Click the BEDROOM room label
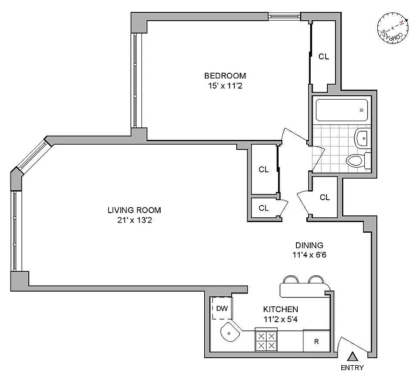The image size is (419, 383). pos(225,76)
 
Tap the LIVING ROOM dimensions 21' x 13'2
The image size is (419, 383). pos(134,221)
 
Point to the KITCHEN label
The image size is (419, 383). pos(281,309)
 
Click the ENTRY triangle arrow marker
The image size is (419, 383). pos(352,357)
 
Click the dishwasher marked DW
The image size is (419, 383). pos(221,308)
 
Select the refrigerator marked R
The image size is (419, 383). pos(316,341)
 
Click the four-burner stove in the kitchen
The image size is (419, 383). pos(266,340)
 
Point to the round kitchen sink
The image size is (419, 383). pos(231,331)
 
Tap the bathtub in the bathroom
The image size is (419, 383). pos(342,110)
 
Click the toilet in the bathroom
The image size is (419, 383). pos(357,159)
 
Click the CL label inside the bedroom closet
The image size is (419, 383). pos(324,56)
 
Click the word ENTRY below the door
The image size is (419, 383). pos(352,368)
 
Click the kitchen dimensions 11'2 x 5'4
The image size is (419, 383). pos(281,319)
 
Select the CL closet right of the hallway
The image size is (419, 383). pos(325,197)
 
